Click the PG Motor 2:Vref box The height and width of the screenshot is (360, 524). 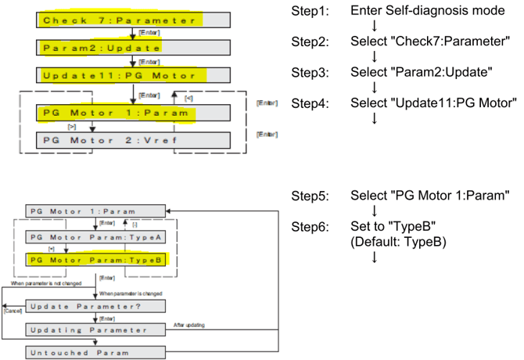click(x=134, y=141)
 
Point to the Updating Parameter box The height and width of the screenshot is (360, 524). click(x=96, y=329)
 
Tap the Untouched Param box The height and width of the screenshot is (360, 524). click(x=96, y=352)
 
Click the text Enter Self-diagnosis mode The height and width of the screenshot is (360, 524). click(x=427, y=13)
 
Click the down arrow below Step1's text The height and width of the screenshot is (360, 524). click(x=375, y=27)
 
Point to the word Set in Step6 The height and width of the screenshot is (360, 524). click(x=361, y=228)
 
